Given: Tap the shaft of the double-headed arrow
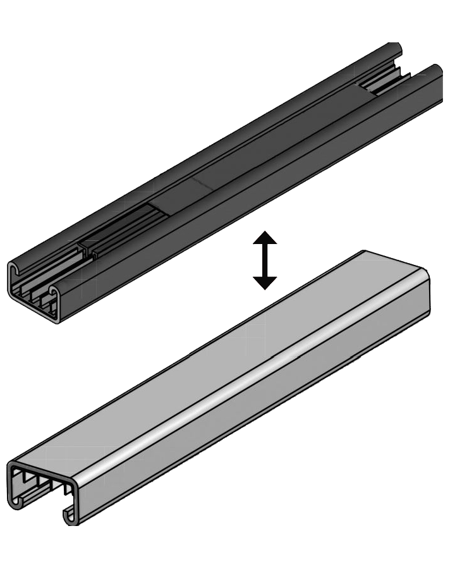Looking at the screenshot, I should pos(265,260).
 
